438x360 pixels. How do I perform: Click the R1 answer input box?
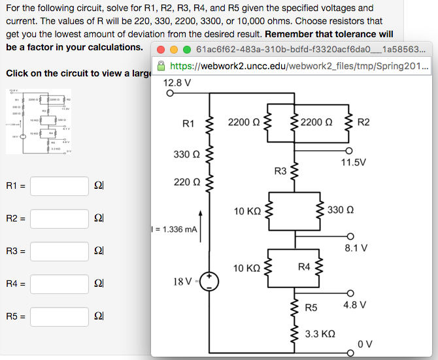pyautogui.click(x=59, y=186)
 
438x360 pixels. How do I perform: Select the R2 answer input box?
pyautogui.click(x=59, y=218)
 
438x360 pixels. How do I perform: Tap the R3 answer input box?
pyautogui.click(x=59, y=251)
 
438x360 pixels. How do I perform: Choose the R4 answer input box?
pyautogui.click(x=59, y=284)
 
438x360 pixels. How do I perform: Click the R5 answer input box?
pyautogui.click(x=59, y=316)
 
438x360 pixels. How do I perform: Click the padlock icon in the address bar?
pyautogui.click(x=161, y=67)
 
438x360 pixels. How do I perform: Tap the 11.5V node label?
pyautogui.click(x=354, y=162)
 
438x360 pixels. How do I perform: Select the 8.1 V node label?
pyautogui.click(x=356, y=248)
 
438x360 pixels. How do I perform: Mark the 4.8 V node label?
pyautogui.click(x=354, y=304)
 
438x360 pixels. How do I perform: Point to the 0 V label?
pyautogui.click(x=364, y=344)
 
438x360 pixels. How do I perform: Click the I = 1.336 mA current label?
pyautogui.click(x=174, y=229)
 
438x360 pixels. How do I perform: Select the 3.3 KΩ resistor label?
pyautogui.click(x=320, y=333)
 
